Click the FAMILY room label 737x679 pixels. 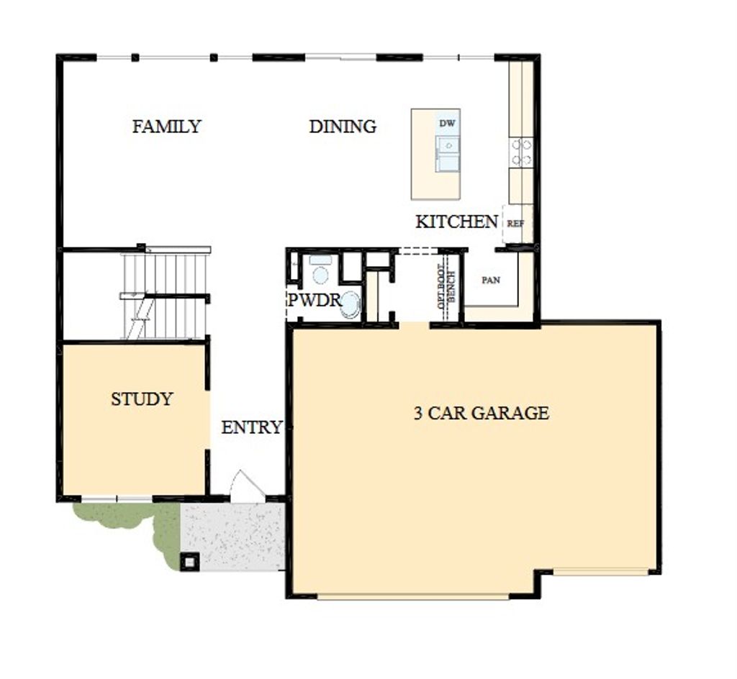(x=166, y=127)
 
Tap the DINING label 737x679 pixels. (x=343, y=127)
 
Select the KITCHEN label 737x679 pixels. (x=456, y=222)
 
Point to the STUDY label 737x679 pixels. (x=142, y=399)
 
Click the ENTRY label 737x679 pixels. (x=251, y=428)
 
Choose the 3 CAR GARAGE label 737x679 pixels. (x=481, y=413)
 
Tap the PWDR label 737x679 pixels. (x=314, y=300)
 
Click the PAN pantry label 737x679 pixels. (x=491, y=281)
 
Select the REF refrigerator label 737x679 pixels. (x=515, y=224)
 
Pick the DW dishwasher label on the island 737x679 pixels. (x=447, y=124)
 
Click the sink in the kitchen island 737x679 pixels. (x=448, y=153)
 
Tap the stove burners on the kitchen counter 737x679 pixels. (x=522, y=152)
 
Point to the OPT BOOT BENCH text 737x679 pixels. (x=446, y=287)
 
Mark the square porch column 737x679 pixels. (x=190, y=561)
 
